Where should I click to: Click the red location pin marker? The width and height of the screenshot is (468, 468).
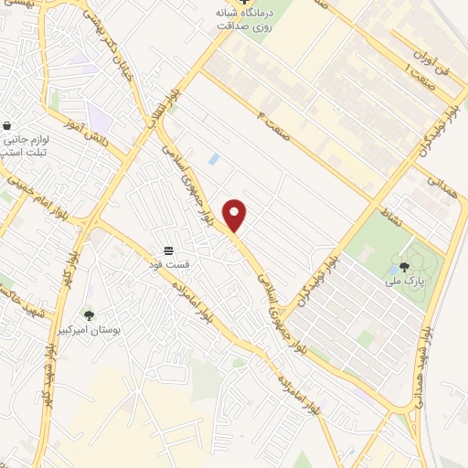[235, 216]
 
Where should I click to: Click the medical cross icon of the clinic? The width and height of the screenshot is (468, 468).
[241, 3]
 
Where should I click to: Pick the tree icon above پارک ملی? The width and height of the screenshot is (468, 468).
[404, 267]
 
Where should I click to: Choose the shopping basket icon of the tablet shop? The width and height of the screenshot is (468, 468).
[7, 125]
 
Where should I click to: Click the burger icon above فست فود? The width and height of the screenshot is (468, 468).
[169, 250]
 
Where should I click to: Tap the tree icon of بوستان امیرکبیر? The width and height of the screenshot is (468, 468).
[89, 315]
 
